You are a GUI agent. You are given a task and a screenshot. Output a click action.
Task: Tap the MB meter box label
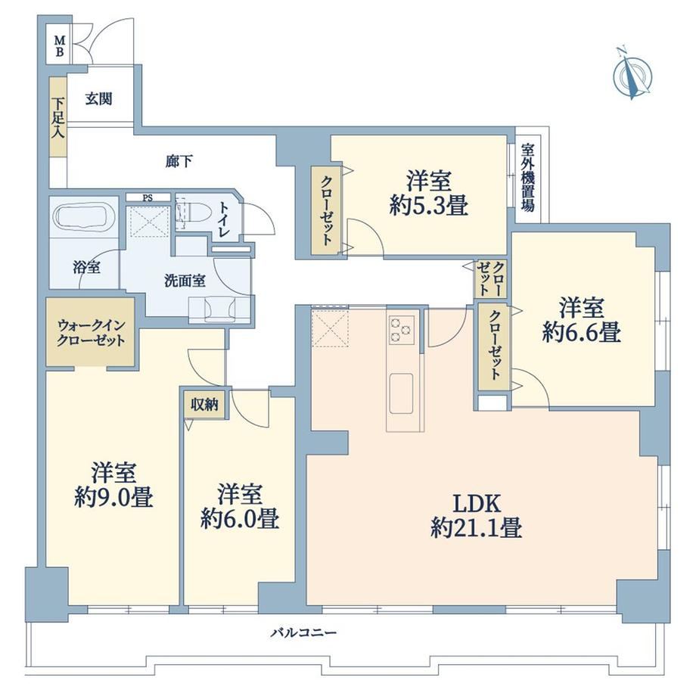pos(60,46)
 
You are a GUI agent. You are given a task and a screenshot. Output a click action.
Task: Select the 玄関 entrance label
pos(98,98)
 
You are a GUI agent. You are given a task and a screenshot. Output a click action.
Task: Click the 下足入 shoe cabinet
pos(57,117)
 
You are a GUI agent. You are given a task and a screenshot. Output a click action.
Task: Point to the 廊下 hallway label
pos(179,162)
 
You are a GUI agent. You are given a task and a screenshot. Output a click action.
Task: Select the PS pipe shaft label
pos(148,198)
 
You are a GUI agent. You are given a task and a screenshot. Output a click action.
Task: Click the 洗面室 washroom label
pos(185,281)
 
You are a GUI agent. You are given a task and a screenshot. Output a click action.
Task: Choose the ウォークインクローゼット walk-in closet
pos(91,332)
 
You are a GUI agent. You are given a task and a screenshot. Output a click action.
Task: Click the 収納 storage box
pos(204,405)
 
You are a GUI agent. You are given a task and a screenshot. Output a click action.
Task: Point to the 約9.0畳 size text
pos(113,497)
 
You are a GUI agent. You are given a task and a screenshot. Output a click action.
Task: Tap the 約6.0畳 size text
pos(240,518)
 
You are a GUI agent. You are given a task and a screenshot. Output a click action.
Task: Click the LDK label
pos(477,504)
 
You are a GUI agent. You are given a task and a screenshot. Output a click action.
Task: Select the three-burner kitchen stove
pos(402,330)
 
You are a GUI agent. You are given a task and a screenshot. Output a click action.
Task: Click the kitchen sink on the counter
pos(401,393)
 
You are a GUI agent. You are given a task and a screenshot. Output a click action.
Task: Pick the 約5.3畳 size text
pos(429,206)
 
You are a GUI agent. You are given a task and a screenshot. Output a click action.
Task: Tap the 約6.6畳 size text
pos(582,332)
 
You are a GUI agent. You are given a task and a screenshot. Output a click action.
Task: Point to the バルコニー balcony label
pos(304,632)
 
